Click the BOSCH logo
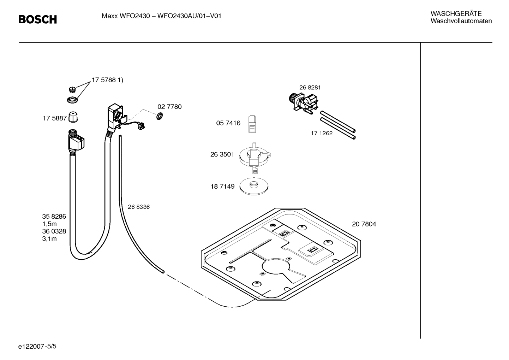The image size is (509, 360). coord(37,19)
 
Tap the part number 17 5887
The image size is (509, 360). coord(55,118)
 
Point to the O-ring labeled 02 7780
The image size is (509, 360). coord(160,116)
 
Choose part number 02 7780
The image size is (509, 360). coord(169,107)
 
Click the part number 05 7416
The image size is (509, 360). coord(228,123)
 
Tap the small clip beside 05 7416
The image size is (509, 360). coord(252,124)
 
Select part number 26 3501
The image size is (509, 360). coord(222,154)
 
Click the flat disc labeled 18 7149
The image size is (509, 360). coord(254,186)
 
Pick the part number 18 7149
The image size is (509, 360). coord(222,187)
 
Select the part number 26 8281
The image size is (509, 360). coord(310,88)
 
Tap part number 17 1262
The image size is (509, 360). coord(321,133)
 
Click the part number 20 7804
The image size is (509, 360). coord(364,224)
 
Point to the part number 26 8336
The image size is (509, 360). coord(138,207)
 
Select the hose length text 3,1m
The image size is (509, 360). coord(49,239)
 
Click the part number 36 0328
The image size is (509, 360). coord(54,231)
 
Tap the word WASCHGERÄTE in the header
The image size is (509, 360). coord(456,14)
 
